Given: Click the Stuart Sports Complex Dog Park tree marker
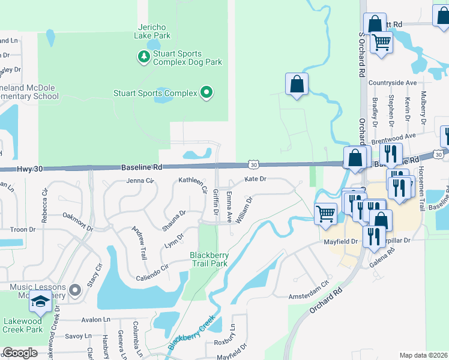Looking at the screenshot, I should [143, 57].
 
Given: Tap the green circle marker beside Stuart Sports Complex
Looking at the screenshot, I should [206, 92].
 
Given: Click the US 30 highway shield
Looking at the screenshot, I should [254, 164].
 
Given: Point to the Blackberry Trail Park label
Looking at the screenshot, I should [209, 259].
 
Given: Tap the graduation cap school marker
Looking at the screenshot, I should [41, 303].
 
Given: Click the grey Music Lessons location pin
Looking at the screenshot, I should [75, 291].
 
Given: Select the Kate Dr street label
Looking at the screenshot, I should [255, 179].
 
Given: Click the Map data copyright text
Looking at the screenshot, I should [423, 355].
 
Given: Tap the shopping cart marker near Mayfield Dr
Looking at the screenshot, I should [325, 213].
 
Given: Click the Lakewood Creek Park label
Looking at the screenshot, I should [23, 325].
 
